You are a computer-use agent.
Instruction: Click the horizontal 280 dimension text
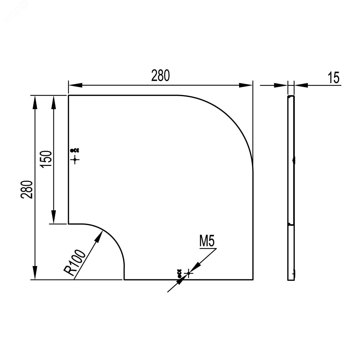point(161,76)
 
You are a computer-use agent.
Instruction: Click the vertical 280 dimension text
point(27,189)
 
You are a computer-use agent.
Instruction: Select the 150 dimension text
point(46,159)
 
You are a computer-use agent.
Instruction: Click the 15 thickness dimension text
point(334,78)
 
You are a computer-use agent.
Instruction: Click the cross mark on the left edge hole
point(75,159)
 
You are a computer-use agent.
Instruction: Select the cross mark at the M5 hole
point(189,273)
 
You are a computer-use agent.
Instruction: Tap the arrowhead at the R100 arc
point(99,236)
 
